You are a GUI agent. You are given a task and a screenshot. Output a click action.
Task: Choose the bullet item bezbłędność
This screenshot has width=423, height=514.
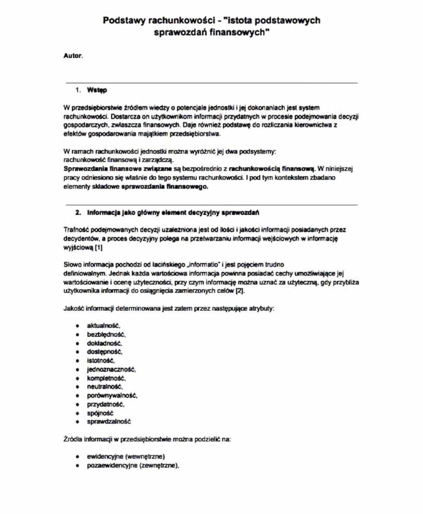106,334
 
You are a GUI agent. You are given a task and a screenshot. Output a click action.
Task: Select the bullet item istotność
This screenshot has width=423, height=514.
101,360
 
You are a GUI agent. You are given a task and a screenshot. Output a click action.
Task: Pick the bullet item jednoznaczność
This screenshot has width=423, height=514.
111,369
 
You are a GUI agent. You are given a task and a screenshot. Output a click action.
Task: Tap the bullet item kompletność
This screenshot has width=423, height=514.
106,378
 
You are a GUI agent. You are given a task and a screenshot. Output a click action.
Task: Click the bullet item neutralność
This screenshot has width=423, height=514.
105,387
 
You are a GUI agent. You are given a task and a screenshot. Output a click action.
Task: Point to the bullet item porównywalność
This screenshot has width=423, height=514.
112,396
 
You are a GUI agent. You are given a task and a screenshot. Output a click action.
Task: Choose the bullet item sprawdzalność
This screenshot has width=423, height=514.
109,422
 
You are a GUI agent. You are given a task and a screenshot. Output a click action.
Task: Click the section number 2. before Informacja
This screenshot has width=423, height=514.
78,212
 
